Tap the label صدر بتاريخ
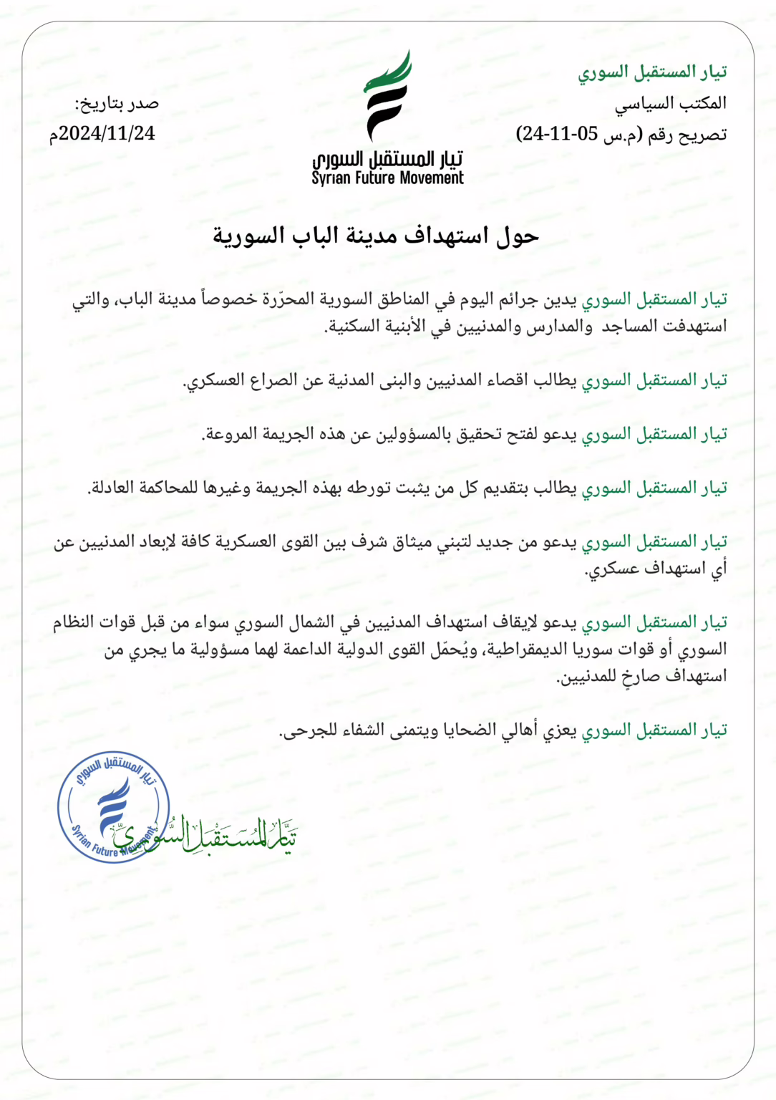(x=117, y=104)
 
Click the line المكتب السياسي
(x=670, y=104)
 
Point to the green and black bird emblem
(x=387, y=95)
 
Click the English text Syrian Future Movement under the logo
(x=387, y=178)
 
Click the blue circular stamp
(x=113, y=807)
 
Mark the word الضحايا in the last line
(x=470, y=730)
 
